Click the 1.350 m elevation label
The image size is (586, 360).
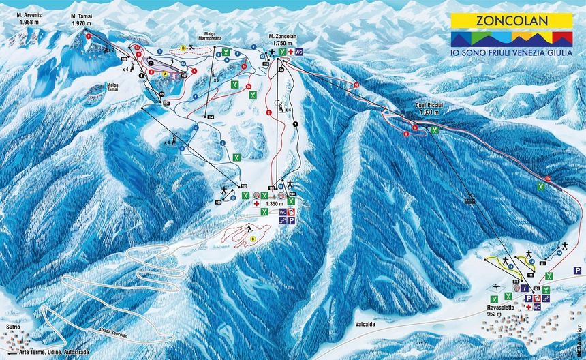click(x=275, y=203)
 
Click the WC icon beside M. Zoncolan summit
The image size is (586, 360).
click(x=298, y=52)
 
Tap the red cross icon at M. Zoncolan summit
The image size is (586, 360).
click(x=290, y=52)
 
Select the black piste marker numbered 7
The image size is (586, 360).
click(x=150, y=62)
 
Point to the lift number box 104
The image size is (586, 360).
click(x=211, y=117)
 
